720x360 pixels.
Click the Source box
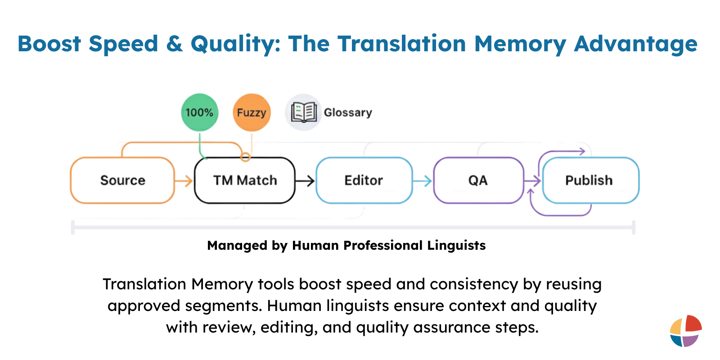pos(122,180)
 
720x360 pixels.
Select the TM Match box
pos(245,180)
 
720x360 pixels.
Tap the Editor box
pos(364,180)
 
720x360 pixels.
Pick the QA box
pos(478,180)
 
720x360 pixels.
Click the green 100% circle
pos(199,112)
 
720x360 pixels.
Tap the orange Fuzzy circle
pos(252,112)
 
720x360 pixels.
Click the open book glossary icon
pos(303,112)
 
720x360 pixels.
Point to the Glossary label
pos(348,112)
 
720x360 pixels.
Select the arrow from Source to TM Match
pos(183,181)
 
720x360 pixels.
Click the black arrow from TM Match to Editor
pos(305,181)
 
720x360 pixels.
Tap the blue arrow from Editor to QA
pos(422,181)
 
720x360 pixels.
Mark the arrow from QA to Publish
pos(533,181)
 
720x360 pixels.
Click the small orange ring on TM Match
pos(245,157)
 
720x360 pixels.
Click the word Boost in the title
pos(49,44)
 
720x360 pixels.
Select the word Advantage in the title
pos(635,44)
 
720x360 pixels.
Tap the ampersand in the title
pos(174,44)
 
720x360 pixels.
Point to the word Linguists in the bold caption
pos(456,245)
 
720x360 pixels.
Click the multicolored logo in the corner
pos(685,331)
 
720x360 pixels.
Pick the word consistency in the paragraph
pos(474,284)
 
